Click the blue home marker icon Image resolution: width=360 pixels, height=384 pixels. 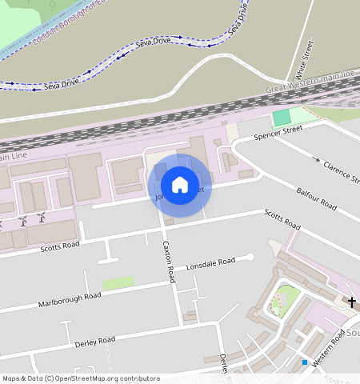(x=180, y=185)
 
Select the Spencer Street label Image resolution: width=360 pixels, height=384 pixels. (x=278, y=133)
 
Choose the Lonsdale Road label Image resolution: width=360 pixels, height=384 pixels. (x=210, y=265)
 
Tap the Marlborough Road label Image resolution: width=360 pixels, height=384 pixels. (x=70, y=300)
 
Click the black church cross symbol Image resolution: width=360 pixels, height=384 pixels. (x=351, y=301)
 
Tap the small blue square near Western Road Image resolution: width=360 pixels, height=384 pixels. (x=305, y=362)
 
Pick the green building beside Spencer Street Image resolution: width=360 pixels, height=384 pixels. (x=281, y=118)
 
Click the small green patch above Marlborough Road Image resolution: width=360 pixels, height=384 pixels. (x=118, y=283)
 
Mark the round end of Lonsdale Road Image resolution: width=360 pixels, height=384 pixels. (x=250, y=257)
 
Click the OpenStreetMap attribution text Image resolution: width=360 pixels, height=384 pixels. (x=81, y=378)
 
